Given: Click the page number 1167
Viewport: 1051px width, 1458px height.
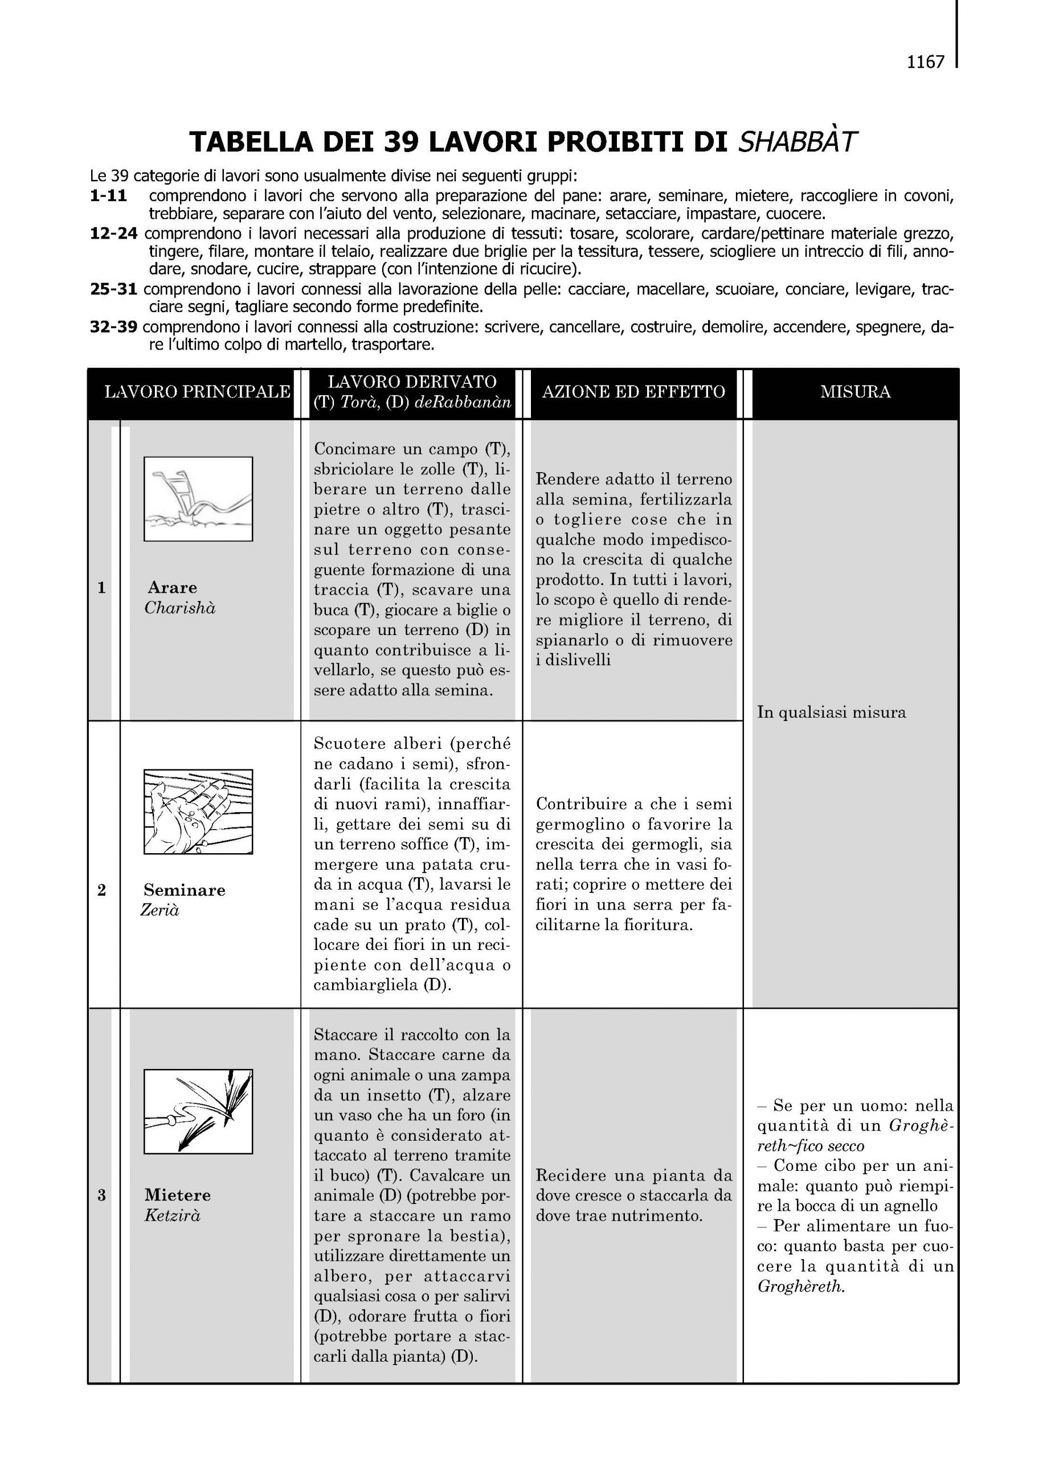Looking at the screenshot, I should [925, 62].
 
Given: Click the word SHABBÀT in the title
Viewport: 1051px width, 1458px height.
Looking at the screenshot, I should [797, 142].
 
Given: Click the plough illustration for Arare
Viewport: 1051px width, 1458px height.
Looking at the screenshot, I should [198, 498].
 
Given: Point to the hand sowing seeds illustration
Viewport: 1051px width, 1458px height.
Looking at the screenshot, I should [198, 811].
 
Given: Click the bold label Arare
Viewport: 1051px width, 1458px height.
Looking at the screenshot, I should [172, 587].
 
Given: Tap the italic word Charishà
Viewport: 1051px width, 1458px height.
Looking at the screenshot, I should [179, 608].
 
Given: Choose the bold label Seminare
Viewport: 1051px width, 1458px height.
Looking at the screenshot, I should [185, 890].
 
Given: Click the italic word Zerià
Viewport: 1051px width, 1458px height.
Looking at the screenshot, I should [160, 910].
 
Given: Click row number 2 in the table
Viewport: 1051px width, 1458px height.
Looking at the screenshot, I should [101, 890].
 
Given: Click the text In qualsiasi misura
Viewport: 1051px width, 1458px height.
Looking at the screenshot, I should [831, 712].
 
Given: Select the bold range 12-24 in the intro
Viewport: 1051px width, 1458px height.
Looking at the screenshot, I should [114, 233].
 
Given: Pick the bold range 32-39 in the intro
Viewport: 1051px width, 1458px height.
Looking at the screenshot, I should [114, 327].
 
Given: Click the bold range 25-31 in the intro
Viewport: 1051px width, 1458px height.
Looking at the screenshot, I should [114, 289].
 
